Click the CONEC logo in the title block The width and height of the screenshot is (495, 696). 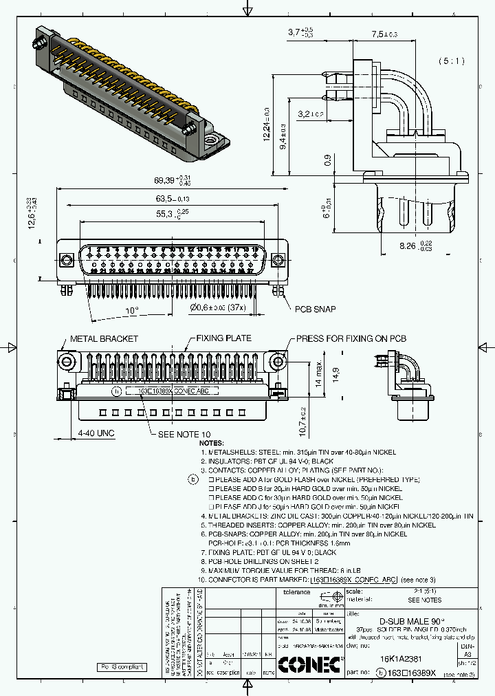point(309,664)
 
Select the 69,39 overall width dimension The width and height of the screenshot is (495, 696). point(168,180)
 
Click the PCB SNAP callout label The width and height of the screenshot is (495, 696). point(316,309)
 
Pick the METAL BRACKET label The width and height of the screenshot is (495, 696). point(104,339)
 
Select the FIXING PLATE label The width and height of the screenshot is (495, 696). point(223,338)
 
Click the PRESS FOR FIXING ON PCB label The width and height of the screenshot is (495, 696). point(351,339)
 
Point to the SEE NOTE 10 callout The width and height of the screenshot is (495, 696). point(184,435)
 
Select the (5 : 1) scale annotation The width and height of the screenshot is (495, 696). point(451,61)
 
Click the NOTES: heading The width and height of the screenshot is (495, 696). point(212,444)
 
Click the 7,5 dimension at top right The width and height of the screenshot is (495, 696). point(384,34)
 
